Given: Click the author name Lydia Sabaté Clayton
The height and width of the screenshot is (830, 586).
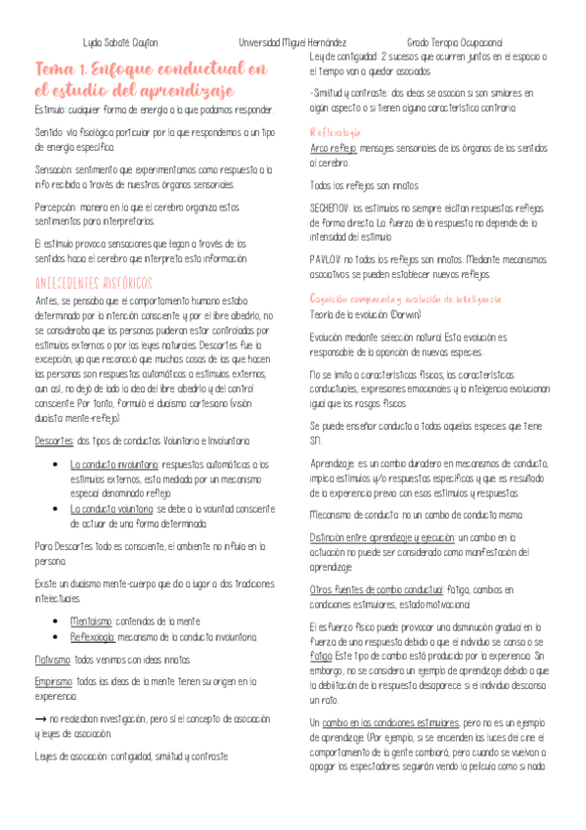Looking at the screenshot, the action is tap(120, 43).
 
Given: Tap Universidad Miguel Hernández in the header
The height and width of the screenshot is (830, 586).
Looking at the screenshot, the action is tap(293, 43).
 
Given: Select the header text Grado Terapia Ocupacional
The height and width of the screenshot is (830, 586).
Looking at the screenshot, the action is tap(455, 43).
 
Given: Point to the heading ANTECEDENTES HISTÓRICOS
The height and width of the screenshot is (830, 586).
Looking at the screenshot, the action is tap(93, 283).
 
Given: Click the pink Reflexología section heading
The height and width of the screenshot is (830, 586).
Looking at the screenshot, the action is tap(336, 131).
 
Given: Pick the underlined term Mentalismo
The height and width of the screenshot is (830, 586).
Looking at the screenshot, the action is tap(92, 593).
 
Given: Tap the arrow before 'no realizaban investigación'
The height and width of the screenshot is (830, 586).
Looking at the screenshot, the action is tap(39, 691).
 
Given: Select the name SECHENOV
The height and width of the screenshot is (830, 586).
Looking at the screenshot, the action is tap(331, 207).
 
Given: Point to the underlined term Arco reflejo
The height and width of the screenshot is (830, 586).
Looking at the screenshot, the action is tap(333, 149).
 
